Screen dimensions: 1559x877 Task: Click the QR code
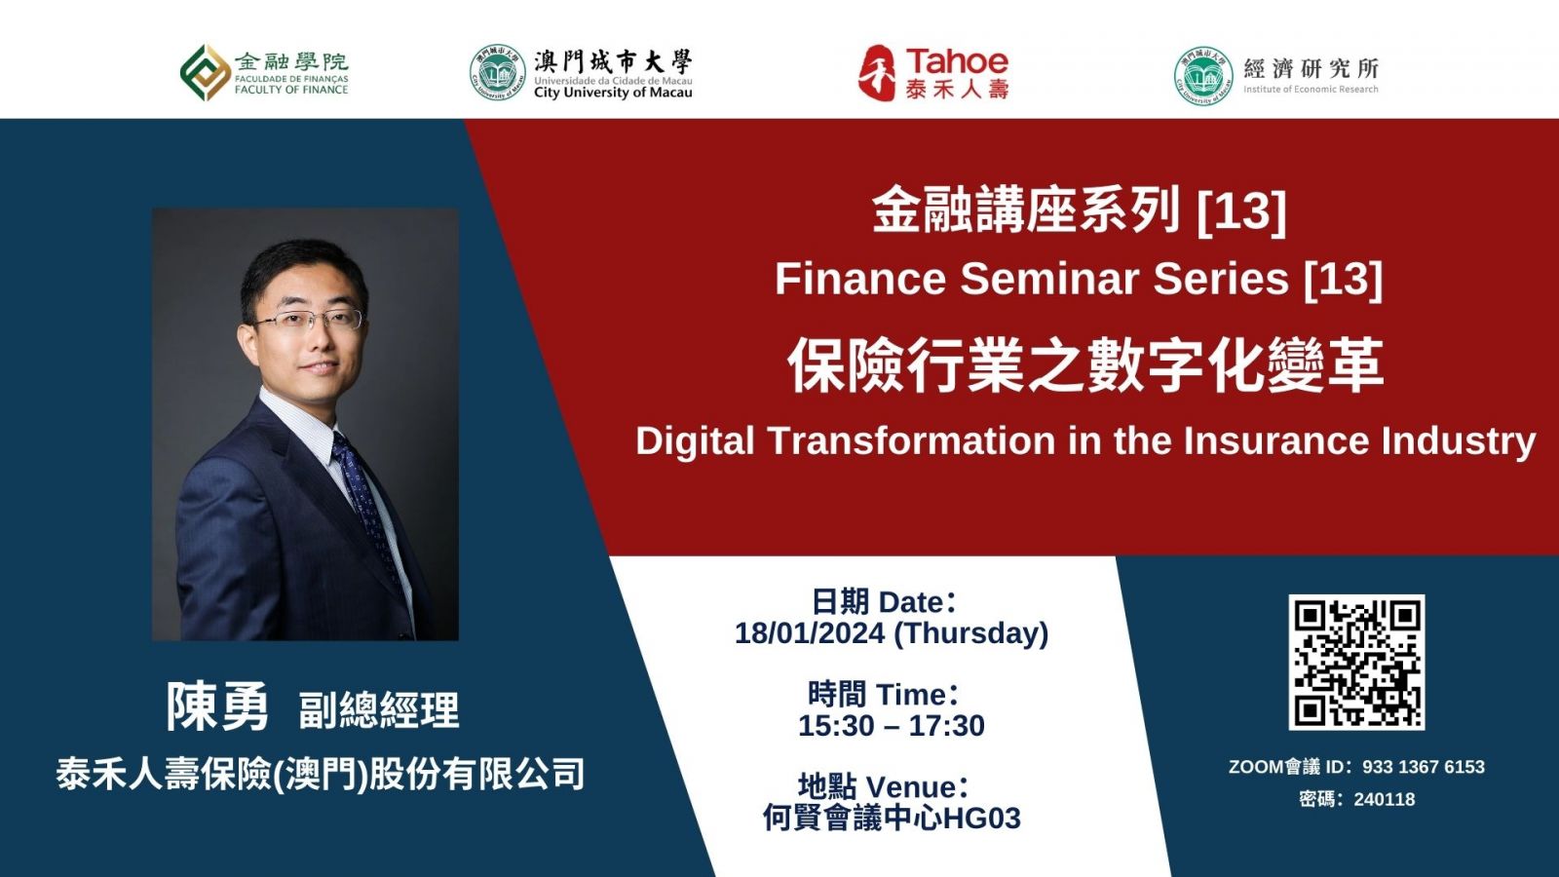click(1356, 662)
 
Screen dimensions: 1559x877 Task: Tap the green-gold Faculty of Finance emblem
click(206, 72)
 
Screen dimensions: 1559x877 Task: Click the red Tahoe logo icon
click(877, 73)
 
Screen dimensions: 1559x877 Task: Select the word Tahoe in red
click(957, 62)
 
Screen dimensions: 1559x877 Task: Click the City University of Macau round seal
click(497, 72)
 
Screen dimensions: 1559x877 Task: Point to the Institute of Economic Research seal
click(1203, 76)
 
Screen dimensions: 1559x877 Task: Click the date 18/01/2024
click(810, 633)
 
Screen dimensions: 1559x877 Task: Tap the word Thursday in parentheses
click(970, 633)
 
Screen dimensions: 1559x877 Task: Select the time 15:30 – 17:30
click(892, 725)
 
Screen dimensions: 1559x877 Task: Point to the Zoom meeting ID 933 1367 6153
click(1424, 767)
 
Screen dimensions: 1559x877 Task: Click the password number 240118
click(1385, 799)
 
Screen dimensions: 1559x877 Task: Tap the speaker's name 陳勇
click(217, 706)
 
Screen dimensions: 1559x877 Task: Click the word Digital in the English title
click(695, 440)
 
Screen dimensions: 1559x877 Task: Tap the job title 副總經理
click(379, 710)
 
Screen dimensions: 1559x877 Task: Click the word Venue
click(912, 787)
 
